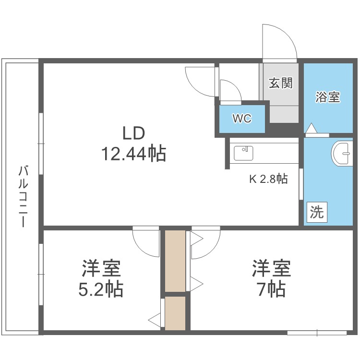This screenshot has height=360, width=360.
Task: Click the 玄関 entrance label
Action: (281, 83)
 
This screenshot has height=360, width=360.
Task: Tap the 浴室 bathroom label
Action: (328, 97)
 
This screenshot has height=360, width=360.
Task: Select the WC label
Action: (242, 119)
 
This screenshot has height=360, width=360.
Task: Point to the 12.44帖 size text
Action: (134, 154)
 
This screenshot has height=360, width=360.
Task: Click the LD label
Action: (134, 133)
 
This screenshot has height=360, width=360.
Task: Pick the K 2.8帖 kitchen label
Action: (268, 179)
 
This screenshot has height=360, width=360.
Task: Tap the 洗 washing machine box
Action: (317, 212)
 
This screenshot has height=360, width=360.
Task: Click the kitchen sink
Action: (243, 153)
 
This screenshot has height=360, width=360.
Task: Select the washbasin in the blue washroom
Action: (342, 154)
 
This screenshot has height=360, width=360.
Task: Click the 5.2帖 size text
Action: (101, 289)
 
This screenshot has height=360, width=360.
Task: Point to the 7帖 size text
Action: (272, 289)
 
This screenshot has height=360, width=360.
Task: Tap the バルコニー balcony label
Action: (24, 196)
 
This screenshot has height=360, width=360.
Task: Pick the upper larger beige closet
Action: (175, 261)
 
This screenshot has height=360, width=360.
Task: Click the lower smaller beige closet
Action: (175, 313)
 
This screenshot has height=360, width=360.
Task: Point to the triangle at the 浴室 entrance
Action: (311, 128)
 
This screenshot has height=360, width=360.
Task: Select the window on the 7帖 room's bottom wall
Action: (317, 333)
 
